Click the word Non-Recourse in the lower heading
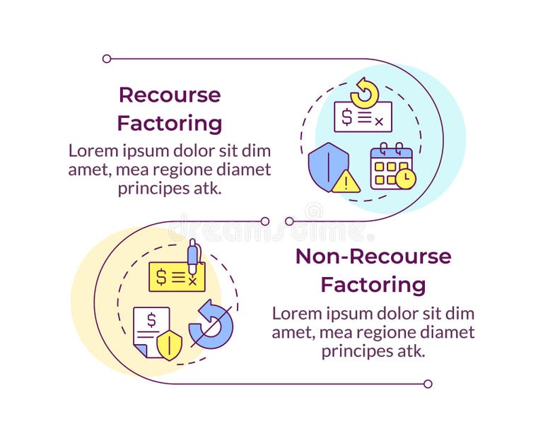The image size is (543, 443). pos(373,256)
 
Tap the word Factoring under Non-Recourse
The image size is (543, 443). pos(373,285)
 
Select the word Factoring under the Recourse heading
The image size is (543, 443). pos(170,124)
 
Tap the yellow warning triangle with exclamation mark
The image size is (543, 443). pos(346,182)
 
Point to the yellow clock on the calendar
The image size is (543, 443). pos(405,179)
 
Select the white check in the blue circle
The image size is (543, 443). pos(363,117)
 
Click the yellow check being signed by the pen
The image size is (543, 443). pos(177,277)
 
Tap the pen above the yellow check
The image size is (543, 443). pos(192,256)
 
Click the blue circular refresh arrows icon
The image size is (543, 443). pos(211,324)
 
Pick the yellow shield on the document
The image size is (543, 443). pos(168,346)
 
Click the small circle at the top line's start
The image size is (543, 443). pos(107,59)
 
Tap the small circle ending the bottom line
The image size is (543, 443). pos(428,384)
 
